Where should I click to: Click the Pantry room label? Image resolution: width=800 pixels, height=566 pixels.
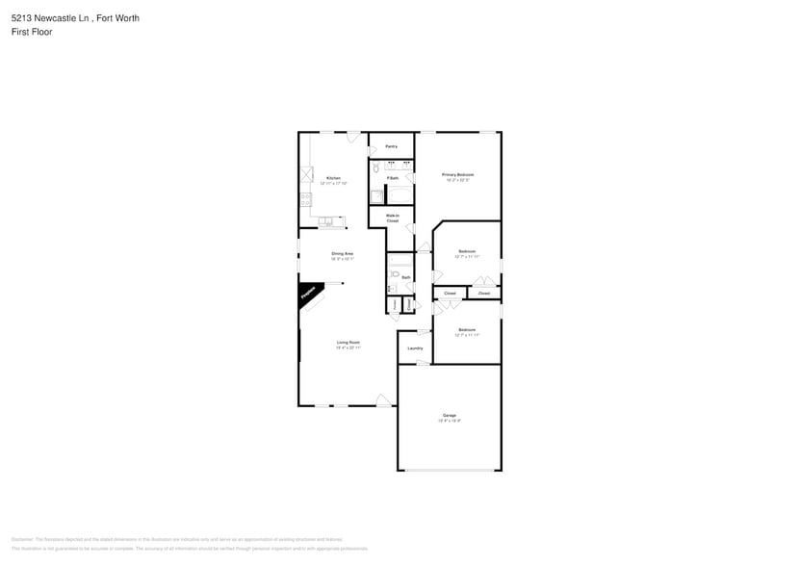click(392, 146)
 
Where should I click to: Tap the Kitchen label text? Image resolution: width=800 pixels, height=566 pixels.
click(333, 178)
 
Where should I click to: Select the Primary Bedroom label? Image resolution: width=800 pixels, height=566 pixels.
click(457, 174)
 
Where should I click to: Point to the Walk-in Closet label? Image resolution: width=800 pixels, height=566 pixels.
click(393, 218)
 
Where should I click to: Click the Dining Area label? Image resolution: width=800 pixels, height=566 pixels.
click(343, 254)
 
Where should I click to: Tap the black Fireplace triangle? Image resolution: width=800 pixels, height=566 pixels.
click(308, 294)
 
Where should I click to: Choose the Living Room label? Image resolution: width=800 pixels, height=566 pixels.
click(348, 343)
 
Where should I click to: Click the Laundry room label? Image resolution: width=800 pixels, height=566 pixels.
click(415, 348)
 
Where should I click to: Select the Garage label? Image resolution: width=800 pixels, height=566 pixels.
click(450, 416)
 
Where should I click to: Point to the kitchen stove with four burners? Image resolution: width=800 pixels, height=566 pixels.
click(306, 200)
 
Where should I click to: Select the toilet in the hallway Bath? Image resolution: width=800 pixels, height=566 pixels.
click(394, 273)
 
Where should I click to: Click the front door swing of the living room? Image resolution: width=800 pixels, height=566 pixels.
click(383, 399)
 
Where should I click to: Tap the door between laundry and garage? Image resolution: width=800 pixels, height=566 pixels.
click(422, 362)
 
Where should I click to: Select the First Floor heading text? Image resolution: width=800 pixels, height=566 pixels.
click(33, 32)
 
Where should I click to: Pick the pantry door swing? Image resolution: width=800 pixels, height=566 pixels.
click(373, 151)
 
